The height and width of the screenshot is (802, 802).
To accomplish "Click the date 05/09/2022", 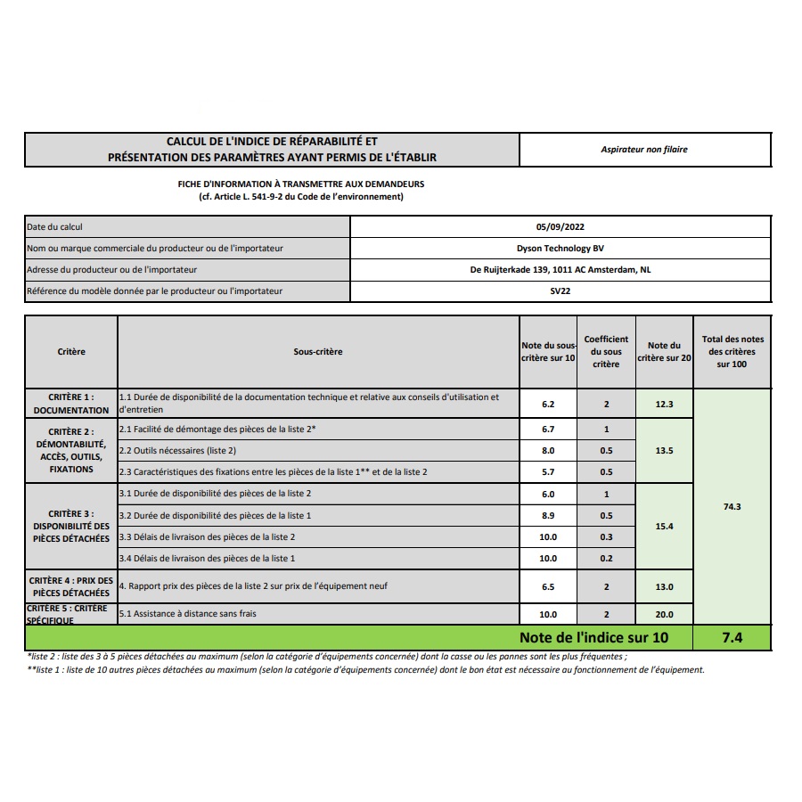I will [x=561, y=227].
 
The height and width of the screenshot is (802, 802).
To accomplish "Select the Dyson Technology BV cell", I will [x=561, y=249].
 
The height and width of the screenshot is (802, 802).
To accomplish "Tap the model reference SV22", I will [x=561, y=291].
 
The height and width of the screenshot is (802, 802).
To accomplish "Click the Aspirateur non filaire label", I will [x=644, y=150].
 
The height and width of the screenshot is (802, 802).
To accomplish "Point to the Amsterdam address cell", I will [x=561, y=270].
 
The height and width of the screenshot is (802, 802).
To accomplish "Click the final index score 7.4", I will [x=732, y=638].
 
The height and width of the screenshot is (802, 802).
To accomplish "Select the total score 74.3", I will [x=732, y=506].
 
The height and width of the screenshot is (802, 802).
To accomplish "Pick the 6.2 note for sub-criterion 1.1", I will [x=548, y=404].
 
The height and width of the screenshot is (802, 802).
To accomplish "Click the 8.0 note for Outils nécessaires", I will [x=548, y=451].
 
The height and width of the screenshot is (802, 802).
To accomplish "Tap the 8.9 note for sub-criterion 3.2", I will [x=548, y=516].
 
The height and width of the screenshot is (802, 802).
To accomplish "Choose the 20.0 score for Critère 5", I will [x=664, y=614].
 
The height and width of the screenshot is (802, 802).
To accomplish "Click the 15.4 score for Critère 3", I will [x=664, y=527].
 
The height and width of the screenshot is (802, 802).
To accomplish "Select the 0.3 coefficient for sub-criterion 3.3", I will [x=606, y=537].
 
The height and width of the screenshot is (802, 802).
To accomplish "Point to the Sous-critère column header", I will [x=318, y=352].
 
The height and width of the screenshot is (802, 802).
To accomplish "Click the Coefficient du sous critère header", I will [x=606, y=352].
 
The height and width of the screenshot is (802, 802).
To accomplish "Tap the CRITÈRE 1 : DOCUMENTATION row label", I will [x=71, y=404].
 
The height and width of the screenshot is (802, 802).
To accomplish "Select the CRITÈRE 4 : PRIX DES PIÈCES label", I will [x=71, y=586].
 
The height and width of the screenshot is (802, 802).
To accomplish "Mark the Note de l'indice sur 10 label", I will [x=593, y=638].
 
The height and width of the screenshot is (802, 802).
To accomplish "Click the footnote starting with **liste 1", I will [x=365, y=670].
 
